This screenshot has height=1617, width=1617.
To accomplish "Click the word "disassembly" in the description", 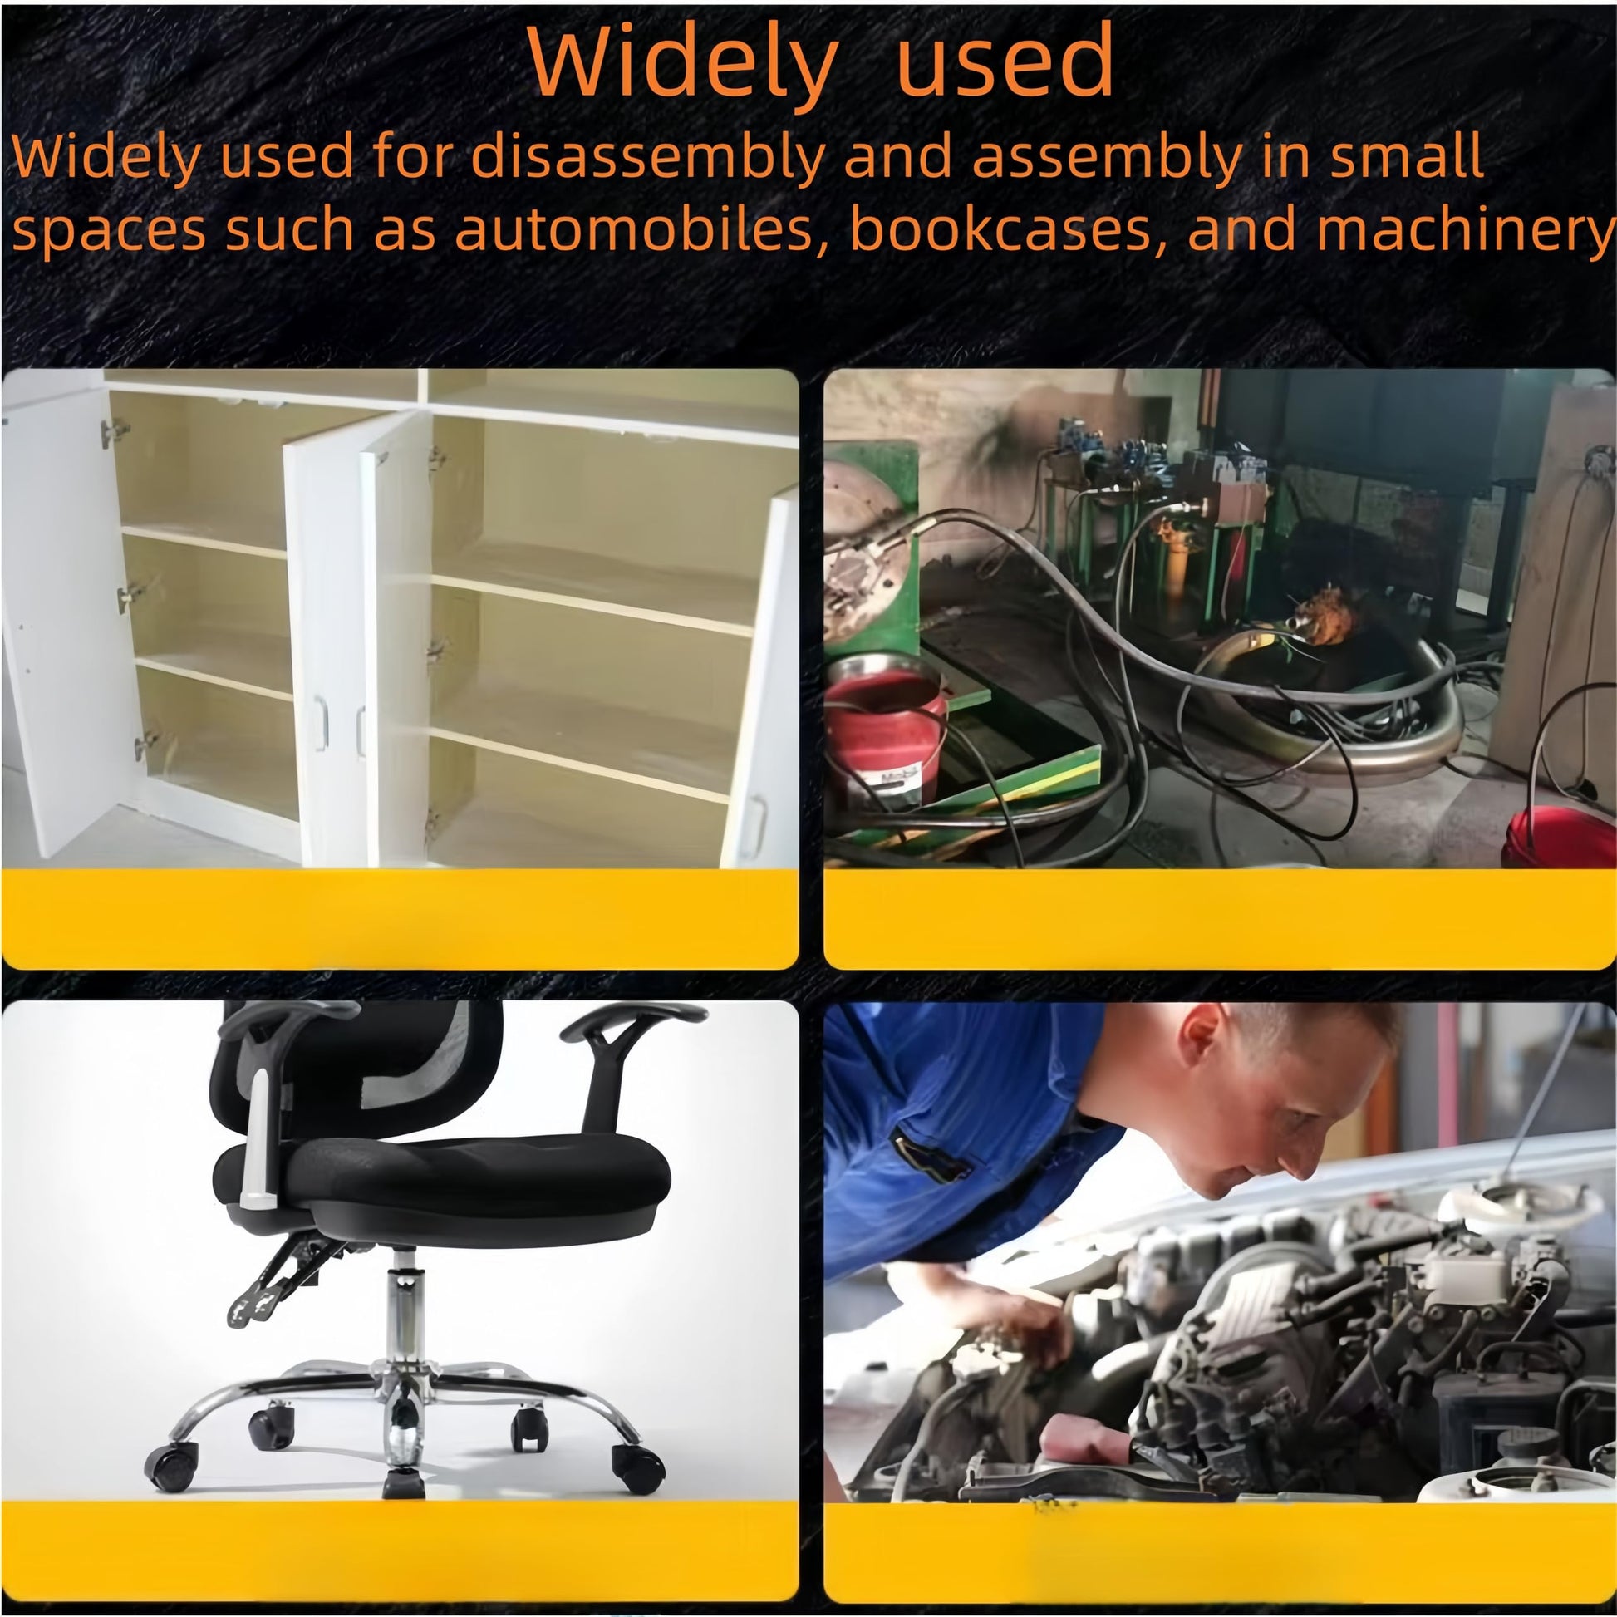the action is pyautogui.click(x=648, y=157).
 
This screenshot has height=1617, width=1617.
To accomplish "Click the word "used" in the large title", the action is pyautogui.click(x=1005, y=61).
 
